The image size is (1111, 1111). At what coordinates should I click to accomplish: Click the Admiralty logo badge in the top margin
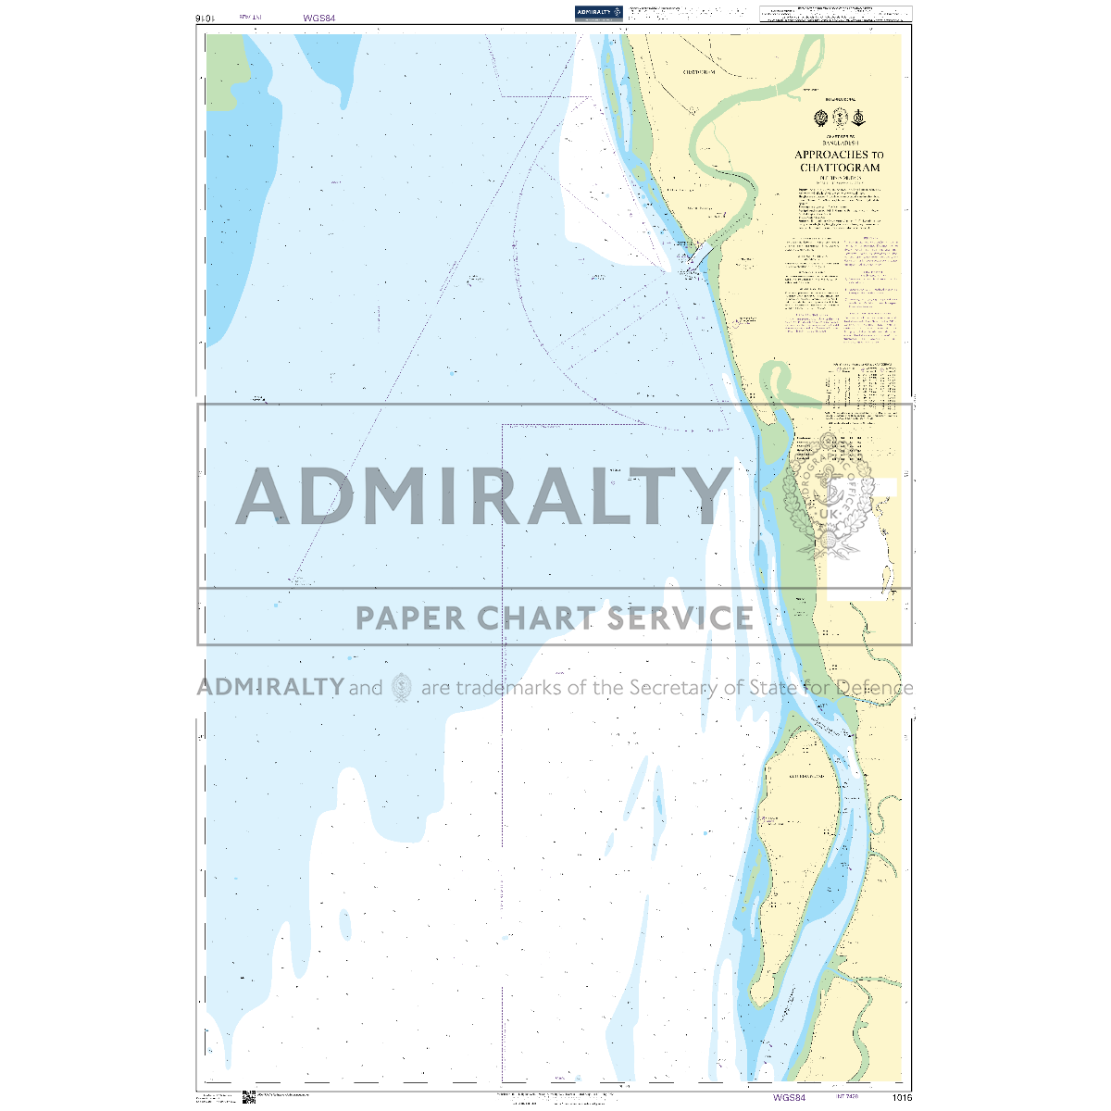[597, 12]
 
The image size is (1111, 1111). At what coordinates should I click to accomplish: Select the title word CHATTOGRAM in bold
[840, 168]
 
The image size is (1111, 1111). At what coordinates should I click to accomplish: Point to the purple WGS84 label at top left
[318, 17]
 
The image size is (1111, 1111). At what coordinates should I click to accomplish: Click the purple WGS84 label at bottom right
[789, 1098]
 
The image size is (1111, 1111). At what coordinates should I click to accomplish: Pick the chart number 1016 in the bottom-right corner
[902, 1098]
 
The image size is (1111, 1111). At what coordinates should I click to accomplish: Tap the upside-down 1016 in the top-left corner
[206, 18]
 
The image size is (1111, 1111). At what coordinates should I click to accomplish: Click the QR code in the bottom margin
[248, 1097]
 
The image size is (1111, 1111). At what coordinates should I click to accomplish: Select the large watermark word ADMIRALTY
[483, 496]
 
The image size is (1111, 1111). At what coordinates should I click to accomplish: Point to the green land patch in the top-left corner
[222, 69]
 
